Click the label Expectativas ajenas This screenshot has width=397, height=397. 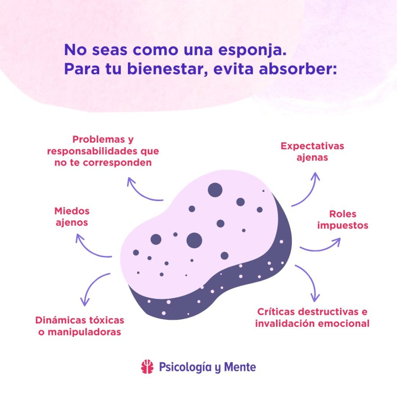pyautogui.click(x=312, y=152)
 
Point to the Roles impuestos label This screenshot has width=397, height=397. pyautogui.click(x=343, y=219)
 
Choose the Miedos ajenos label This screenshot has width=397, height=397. pyautogui.click(x=72, y=217)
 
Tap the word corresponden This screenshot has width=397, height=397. pyautogui.click(x=117, y=163)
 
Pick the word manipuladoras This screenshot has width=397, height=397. pyautogui.click(x=84, y=332)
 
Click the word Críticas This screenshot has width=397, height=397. pyautogui.click(x=276, y=312)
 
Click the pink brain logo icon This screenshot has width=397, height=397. pyautogui.click(x=147, y=367)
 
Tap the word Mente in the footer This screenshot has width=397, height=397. pyautogui.click(x=240, y=367)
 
